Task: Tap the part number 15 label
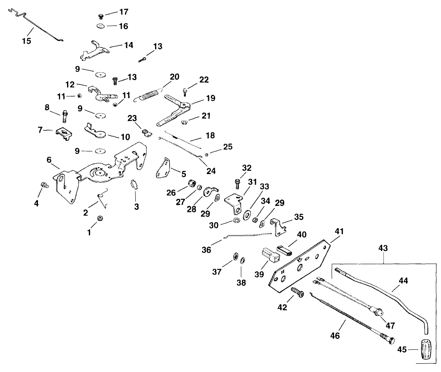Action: [x=27, y=41]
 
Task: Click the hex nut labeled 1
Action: [x=99, y=219]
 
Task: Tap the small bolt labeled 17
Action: [x=100, y=16]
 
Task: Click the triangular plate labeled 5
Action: [x=164, y=168]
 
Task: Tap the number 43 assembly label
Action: [x=383, y=248]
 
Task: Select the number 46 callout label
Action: [x=335, y=336]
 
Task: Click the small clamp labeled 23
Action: [x=145, y=132]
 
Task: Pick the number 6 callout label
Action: [x=49, y=160]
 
